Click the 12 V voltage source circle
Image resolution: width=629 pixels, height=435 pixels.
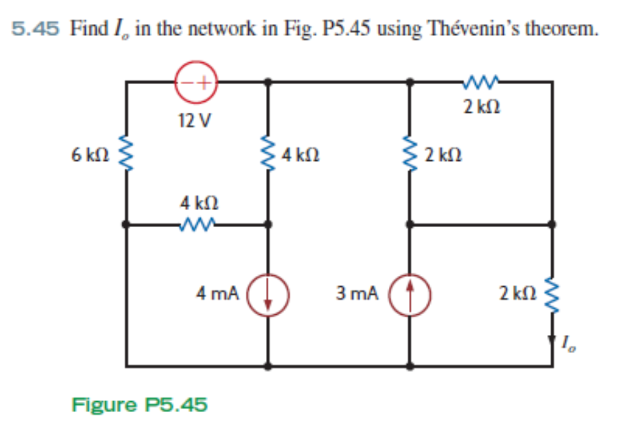tap(195, 82)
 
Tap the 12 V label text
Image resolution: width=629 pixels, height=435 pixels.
tap(194, 120)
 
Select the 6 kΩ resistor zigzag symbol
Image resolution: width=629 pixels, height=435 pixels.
tap(124, 154)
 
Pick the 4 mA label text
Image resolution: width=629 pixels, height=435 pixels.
tap(217, 294)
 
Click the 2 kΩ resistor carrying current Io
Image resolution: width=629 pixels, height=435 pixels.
tap(552, 294)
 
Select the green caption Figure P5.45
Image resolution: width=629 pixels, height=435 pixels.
tap(139, 405)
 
